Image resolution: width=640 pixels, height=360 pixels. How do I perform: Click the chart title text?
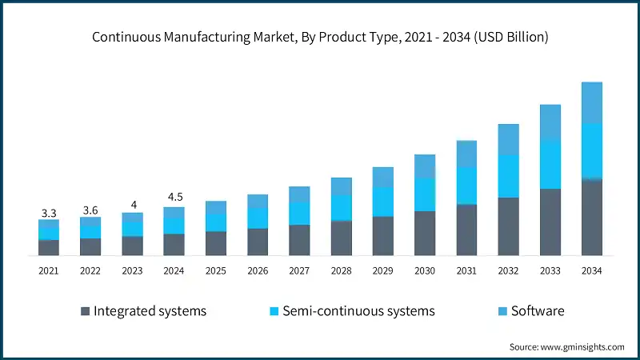click(x=320, y=37)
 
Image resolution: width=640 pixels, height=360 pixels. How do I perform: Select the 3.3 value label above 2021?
click(x=49, y=213)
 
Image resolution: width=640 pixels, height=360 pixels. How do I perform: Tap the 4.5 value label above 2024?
click(x=174, y=198)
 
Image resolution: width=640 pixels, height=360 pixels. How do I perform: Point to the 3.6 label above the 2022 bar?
click(x=90, y=210)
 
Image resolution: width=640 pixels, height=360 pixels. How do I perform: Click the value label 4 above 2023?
click(x=133, y=205)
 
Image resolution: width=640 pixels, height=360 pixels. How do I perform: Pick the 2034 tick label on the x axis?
click(x=591, y=271)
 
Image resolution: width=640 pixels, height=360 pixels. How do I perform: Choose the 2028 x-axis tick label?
click(x=341, y=271)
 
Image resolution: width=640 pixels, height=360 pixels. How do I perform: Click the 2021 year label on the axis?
click(x=49, y=271)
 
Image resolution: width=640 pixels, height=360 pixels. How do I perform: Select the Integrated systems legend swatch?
click(x=84, y=311)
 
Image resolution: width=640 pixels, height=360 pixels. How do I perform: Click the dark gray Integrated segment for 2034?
click(x=591, y=218)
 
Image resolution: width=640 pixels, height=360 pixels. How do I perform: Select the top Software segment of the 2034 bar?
click(x=591, y=102)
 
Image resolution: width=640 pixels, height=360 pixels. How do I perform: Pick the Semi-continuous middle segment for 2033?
click(x=550, y=165)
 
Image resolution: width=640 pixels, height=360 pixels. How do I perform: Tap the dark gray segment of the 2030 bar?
click(x=425, y=234)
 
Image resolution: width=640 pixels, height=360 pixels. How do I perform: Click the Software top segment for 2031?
click(x=466, y=154)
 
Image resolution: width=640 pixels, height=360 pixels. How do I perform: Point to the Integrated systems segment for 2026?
click(x=258, y=242)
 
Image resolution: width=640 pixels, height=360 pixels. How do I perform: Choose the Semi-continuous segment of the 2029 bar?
click(x=382, y=202)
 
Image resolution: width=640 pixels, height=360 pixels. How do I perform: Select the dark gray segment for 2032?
click(x=508, y=226)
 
